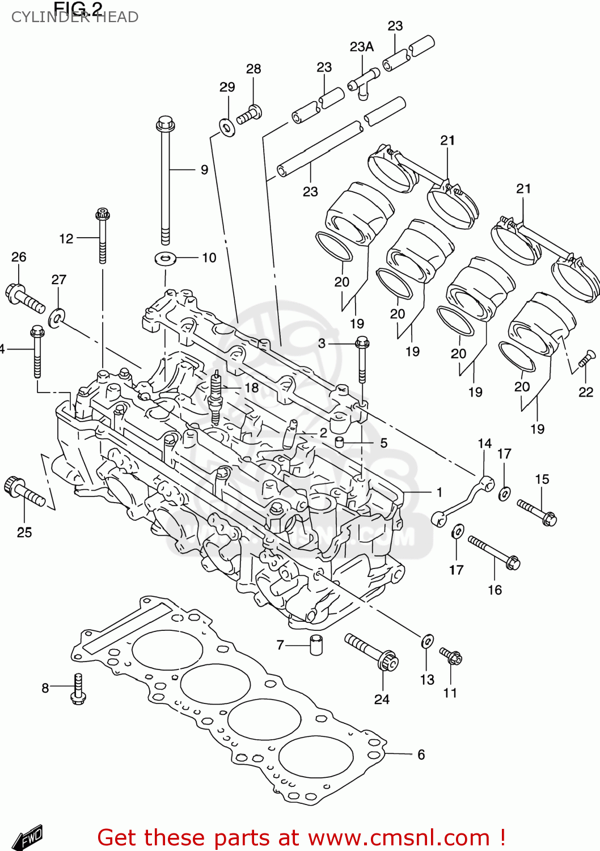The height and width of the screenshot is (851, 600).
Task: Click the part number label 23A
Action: point(361,47)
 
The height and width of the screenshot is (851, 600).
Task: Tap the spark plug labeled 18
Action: point(216,397)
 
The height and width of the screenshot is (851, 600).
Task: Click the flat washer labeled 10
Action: point(166,259)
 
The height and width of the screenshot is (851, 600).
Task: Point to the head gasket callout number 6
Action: point(421,755)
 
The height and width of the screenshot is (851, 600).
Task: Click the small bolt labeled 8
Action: point(78,689)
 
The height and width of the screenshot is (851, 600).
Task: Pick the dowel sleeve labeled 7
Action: point(316,645)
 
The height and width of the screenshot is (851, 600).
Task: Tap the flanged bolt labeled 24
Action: point(371,652)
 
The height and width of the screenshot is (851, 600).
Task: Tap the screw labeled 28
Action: point(249,115)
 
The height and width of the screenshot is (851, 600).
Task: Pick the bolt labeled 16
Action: point(494,553)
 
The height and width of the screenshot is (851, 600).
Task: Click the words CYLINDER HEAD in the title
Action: point(75,17)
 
